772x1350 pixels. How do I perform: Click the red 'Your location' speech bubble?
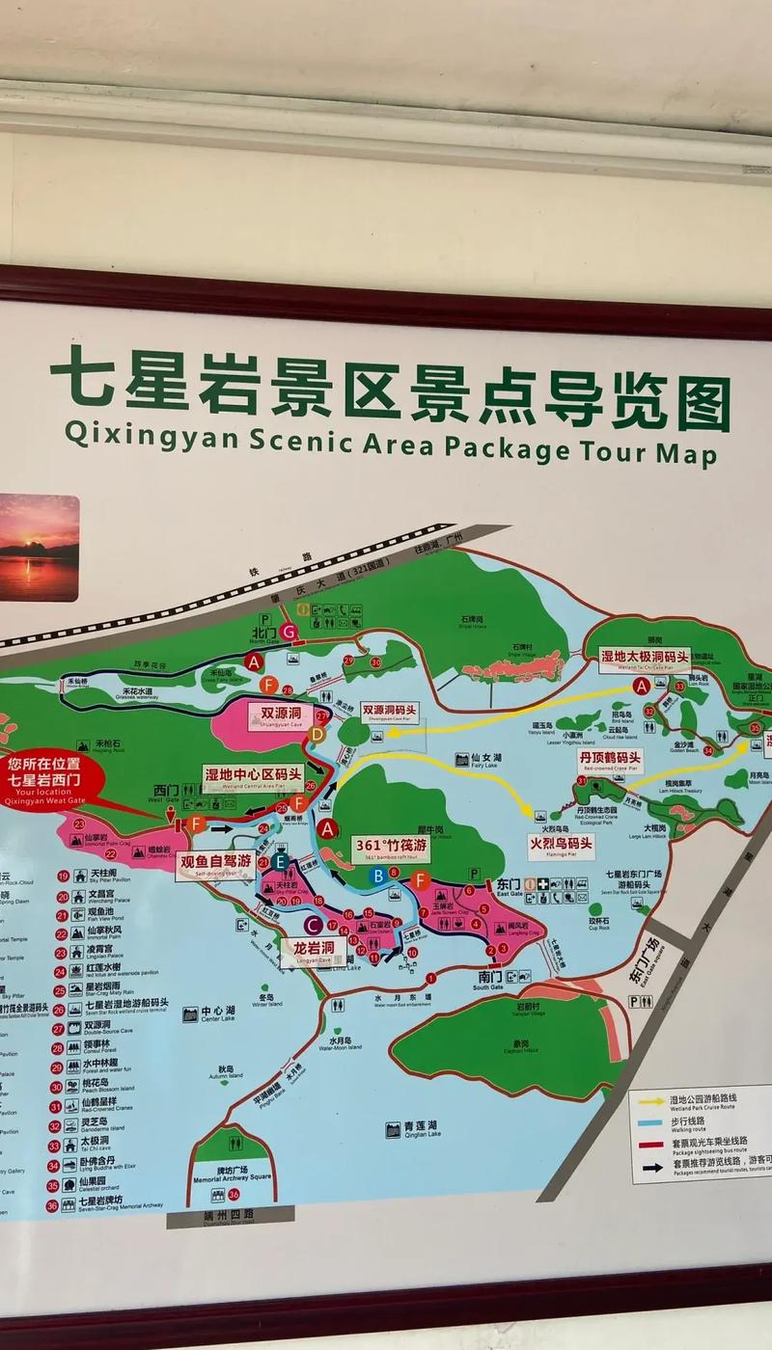click(x=56, y=780)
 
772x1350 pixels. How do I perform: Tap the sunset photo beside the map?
click(x=39, y=547)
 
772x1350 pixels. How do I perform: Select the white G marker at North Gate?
click(x=287, y=632)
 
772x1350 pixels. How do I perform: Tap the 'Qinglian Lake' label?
click(x=420, y=1129)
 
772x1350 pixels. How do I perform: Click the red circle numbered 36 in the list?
click(x=52, y=1205)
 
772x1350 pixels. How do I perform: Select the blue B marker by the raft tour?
click(x=379, y=875)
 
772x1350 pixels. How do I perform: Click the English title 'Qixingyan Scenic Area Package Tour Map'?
click(x=390, y=445)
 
